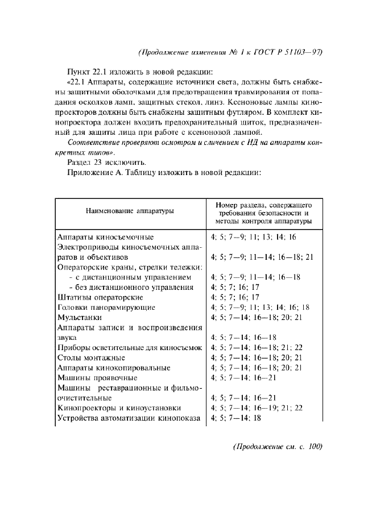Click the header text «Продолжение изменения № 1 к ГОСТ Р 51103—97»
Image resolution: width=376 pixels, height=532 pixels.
[230, 52]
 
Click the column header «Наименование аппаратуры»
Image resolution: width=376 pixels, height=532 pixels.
[130, 211]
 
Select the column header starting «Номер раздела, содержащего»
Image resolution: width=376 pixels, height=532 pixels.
[263, 211]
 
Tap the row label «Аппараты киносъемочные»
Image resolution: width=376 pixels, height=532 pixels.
[106, 236]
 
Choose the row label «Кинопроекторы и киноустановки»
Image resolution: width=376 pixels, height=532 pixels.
[119, 408]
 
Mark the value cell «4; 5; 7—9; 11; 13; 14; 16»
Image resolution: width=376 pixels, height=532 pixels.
[254, 236]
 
